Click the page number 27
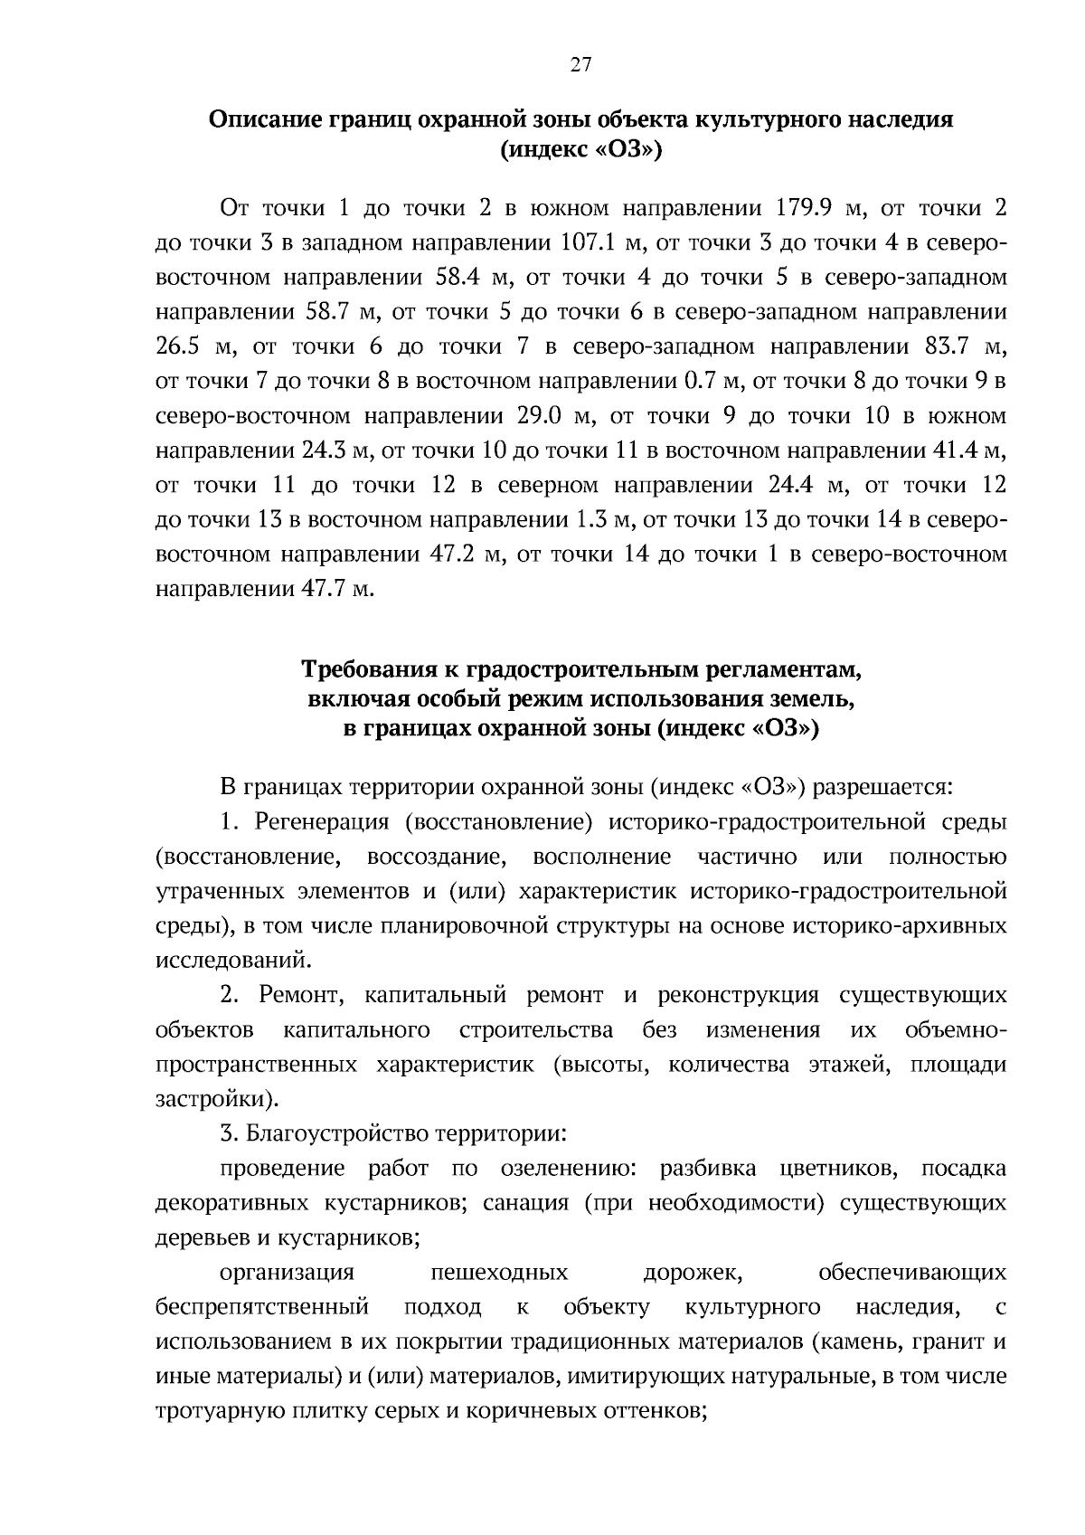tap(580, 63)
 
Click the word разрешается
tap(882, 787)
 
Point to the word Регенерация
tap(322, 822)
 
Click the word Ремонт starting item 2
tap(299, 996)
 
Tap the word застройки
tap(213, 1099)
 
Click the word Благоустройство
tap(337, 1133)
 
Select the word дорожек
tap(693, 1273)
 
